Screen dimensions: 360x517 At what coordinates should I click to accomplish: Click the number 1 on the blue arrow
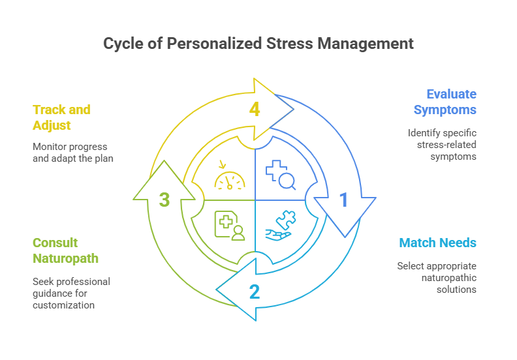tap(343, 200)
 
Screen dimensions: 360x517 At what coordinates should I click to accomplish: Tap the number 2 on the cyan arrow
tap(255, 291)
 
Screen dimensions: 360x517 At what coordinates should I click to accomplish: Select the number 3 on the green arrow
tap(165, 200)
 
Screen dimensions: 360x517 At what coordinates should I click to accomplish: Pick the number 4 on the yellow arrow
tap(255, 109)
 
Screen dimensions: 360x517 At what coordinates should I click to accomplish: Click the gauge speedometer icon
tap(230, 176)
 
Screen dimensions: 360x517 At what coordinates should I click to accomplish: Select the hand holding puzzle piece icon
tap(280, 224)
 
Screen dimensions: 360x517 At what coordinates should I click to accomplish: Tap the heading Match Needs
tap(437, 243)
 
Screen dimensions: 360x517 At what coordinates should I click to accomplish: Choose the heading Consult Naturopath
tap(65, 250)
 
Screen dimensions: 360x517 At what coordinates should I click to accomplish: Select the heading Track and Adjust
tap(61, 116)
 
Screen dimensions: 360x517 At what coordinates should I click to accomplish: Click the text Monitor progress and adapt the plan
tap(73, 152)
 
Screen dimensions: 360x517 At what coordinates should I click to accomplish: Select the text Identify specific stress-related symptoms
tap(442, 144)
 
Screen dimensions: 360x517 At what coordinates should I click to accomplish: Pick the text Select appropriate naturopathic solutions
tap(437, 277)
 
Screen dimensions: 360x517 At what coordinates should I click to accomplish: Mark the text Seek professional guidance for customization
tap(71, 293)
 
